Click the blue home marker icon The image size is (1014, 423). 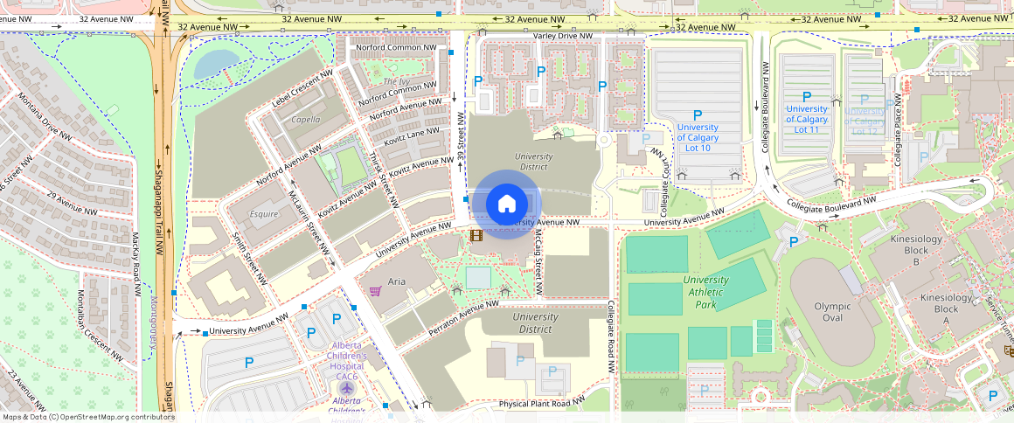point(506,204)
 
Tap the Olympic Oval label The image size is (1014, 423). point(832,307)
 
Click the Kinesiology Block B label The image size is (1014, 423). point(916,250)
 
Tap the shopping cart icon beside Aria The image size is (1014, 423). point(375,291)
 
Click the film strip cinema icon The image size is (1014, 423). point(476,235)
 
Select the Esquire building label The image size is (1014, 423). point(264,212)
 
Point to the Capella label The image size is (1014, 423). point(305,120)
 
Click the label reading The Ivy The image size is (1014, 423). point(395,82)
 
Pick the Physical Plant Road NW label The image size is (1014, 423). point(553,404)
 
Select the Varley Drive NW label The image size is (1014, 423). point(562,36)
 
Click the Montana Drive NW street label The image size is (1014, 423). point(44,116)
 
